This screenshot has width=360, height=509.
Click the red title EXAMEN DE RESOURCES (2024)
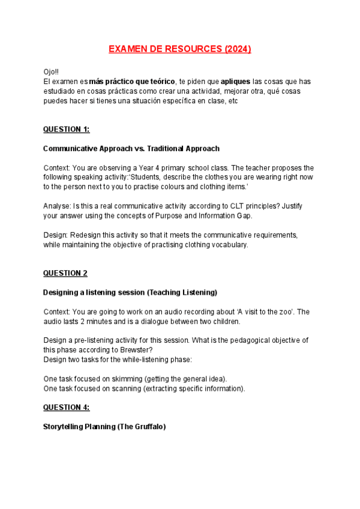(179, 49)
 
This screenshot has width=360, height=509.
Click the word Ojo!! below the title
(52, 71)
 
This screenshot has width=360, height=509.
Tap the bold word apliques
(236, 81)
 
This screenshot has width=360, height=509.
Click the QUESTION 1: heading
(66, 129)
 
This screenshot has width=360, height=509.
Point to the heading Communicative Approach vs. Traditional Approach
(131, 148)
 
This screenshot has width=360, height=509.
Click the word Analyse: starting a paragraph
(57, 206)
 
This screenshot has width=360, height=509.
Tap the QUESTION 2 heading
(65, 273)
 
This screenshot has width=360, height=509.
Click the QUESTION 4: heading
(66, 408)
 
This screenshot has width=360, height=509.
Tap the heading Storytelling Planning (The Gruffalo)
(104, 427)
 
